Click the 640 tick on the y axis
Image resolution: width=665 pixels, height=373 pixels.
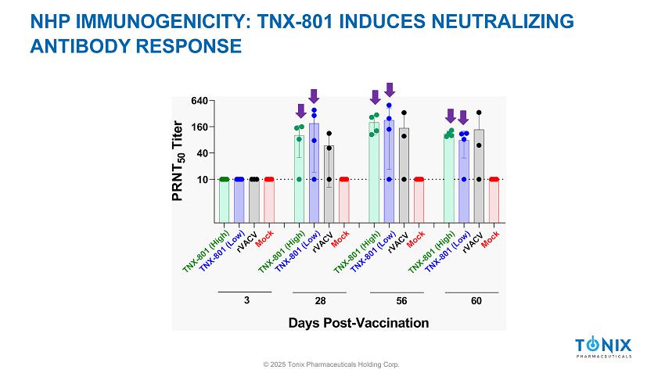(199, 101)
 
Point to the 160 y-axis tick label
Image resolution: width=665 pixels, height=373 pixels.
(199, 127)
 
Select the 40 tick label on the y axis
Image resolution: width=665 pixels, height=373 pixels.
(202, 153)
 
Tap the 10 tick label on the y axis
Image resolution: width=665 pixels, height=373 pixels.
(202, 179)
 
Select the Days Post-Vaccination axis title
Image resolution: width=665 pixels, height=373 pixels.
(358, 322)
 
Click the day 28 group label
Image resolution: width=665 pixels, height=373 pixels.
(320, 301)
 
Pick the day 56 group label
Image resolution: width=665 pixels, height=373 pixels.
(401, 301)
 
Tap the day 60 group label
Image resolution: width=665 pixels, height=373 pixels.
(476, 301)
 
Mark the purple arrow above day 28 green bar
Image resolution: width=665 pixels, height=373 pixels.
(300, 111)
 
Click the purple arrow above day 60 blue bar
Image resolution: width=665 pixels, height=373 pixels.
(463, 117)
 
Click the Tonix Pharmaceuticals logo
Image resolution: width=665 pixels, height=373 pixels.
(602, 347)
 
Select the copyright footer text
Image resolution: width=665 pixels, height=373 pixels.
(332, 364)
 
